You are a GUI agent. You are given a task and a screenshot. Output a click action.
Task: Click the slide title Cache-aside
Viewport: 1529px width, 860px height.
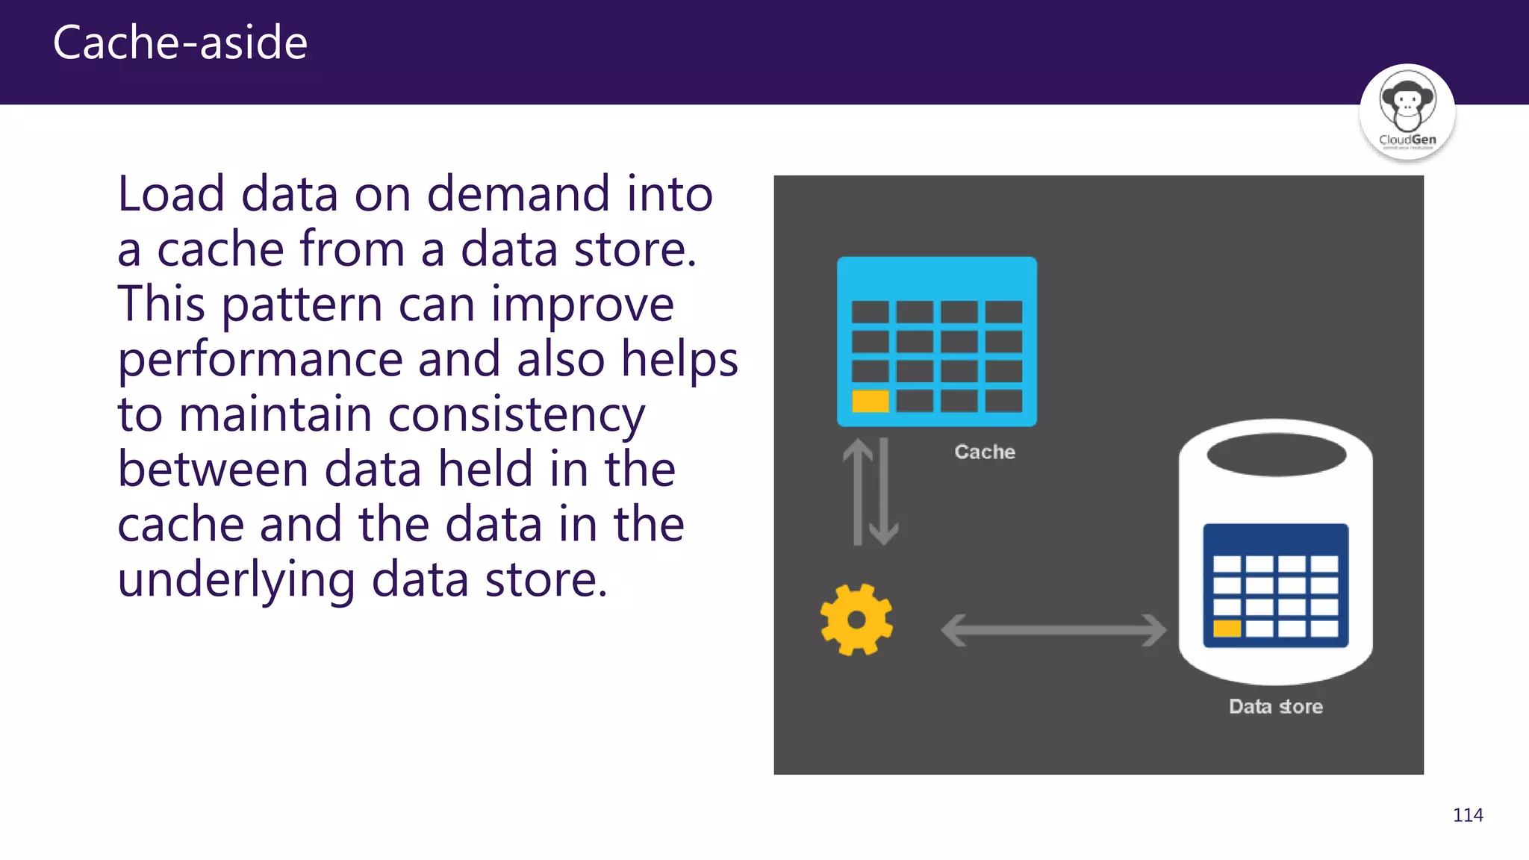click(x=180, y=43)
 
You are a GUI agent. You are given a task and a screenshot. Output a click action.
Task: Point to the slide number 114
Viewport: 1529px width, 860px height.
click(x=1467, y=815)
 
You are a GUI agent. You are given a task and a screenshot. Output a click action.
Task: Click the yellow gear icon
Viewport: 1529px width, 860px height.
click(x=856, y=620)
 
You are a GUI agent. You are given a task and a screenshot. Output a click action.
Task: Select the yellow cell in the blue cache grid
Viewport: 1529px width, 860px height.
click(x=871, y=402)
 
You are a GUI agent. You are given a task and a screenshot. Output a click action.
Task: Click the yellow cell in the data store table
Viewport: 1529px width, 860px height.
click(x=1227, y=628)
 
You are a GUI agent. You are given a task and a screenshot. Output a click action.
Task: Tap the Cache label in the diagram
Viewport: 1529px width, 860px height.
click(x=985, y=452)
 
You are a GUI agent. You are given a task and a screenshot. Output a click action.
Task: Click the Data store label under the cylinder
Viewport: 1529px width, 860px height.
click(x=1276, y=706)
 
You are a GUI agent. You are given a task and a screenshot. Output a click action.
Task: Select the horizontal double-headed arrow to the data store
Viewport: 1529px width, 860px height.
click(x=1053, y=630)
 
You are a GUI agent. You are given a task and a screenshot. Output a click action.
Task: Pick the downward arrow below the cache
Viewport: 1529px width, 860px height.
click(x=884, y=493)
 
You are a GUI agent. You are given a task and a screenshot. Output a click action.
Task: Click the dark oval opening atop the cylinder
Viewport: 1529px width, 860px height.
click(x=1276, y=455)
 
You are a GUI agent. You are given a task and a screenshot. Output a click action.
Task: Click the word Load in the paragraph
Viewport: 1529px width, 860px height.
click(x=171, y=194)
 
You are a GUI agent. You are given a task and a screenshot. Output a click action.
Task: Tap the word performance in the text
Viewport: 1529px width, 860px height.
click(x=259, y=360)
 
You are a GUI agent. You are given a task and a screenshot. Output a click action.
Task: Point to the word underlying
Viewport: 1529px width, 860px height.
click(x=236, y=580)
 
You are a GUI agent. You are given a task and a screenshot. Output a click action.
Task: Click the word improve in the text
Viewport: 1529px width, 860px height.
click(x=582, y=305)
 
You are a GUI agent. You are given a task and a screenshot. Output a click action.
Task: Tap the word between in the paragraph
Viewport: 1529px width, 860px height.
click(x=213, y=470)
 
